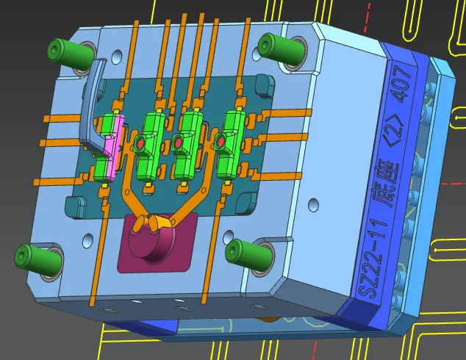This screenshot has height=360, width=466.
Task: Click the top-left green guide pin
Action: (71, 54)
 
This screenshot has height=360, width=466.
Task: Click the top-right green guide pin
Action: (281, 48)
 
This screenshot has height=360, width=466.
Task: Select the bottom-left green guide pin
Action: (38, 258)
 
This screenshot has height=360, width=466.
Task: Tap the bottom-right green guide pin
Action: (248, 254)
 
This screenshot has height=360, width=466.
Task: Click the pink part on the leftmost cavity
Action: (115, 148)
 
